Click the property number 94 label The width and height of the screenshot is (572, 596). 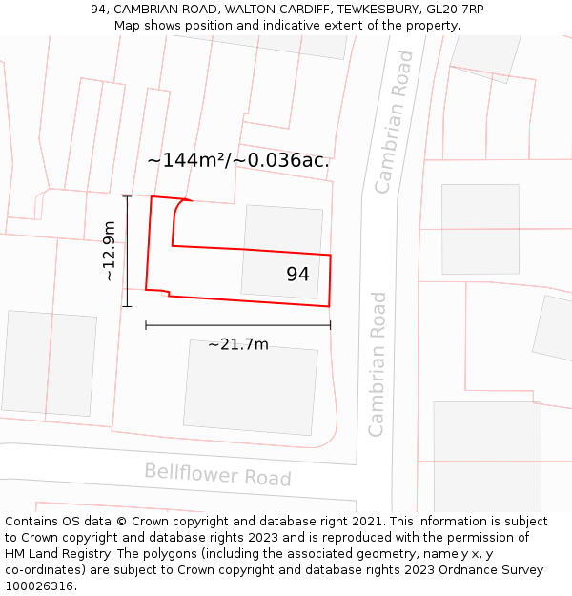point(297,275)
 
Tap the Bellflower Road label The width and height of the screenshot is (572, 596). point(217,474)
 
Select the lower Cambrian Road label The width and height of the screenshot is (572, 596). point(378,364)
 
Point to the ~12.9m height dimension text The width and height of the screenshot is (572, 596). point(110,251)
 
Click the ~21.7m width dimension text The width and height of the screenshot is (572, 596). point(238,344)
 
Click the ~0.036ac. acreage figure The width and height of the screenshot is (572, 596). point(286,160)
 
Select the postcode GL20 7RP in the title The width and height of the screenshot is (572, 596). point(455,10)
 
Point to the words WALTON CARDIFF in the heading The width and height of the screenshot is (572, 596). point(266,10)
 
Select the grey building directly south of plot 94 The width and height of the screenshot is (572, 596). point(250,386)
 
